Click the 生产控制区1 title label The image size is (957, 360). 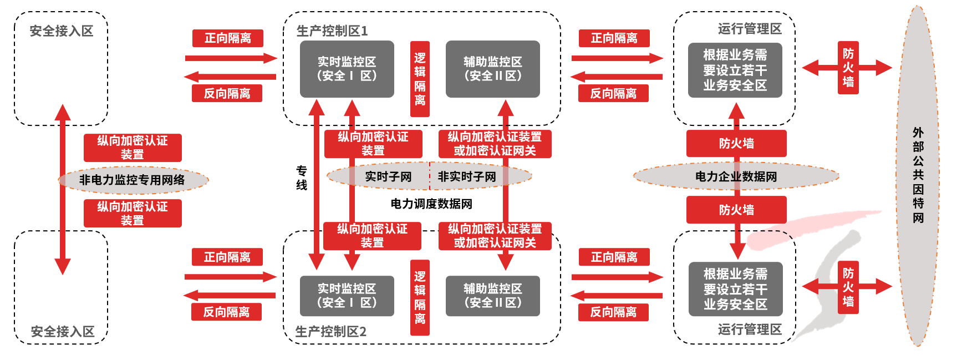[x=332, y=31]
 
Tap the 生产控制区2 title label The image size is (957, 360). [x=330, y=332]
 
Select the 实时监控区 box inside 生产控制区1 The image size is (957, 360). [x=347, y=69]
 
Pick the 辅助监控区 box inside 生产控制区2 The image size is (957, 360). [x=492, y=296]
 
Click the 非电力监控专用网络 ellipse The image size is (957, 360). [x=133, y=180]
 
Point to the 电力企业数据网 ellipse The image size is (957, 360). [x=736, y=177]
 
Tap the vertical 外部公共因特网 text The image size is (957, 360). [x=918, y=175]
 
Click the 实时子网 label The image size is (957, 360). [x=388, y=177]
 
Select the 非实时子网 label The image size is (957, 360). [x=467, y=177]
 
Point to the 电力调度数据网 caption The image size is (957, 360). [x=431, y=204]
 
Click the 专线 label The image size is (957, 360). [x=302, y=178]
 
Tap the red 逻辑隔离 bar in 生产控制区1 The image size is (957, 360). [x=420, y=79]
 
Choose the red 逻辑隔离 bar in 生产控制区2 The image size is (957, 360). [x=420, y=297]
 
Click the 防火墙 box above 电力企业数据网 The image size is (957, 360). [x=736, y=144]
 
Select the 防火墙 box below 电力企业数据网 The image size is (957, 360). [x=736, y=210]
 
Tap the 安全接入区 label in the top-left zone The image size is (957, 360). [x=61, y=31]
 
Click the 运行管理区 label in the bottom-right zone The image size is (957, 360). [x=750, y=329]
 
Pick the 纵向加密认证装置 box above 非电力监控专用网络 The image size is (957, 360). [x=133, y=148]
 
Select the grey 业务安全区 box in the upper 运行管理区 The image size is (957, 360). [x=735, y=70]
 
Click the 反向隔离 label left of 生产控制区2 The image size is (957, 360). [x=226, y=312]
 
